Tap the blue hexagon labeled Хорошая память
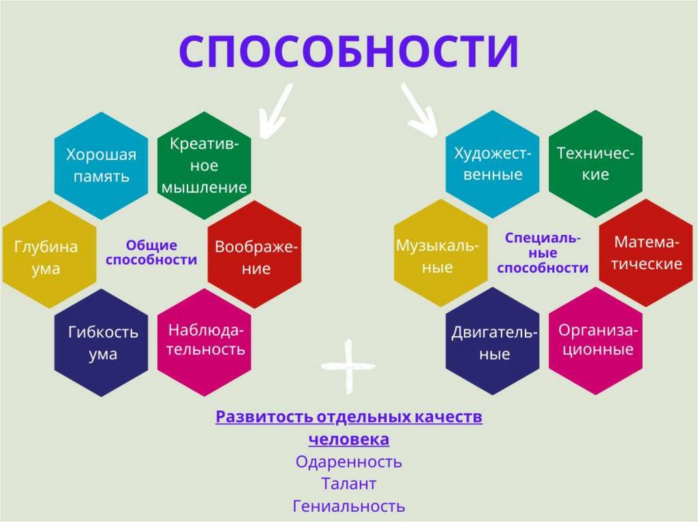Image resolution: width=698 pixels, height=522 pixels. [x=101, y=165]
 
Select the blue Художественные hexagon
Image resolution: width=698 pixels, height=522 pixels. [x=493, y=163]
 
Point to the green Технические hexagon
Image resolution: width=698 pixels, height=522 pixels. [x=596, y=163]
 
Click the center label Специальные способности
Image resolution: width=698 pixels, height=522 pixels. [x=543, y=252]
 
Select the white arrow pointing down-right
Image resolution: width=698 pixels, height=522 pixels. [x=419, y=110]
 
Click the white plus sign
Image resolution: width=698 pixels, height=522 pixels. [x=348, y=366]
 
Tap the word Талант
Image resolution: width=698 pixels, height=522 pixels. [x=348, y=484]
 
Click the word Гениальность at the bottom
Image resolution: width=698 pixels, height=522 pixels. [x=348, y=506]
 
